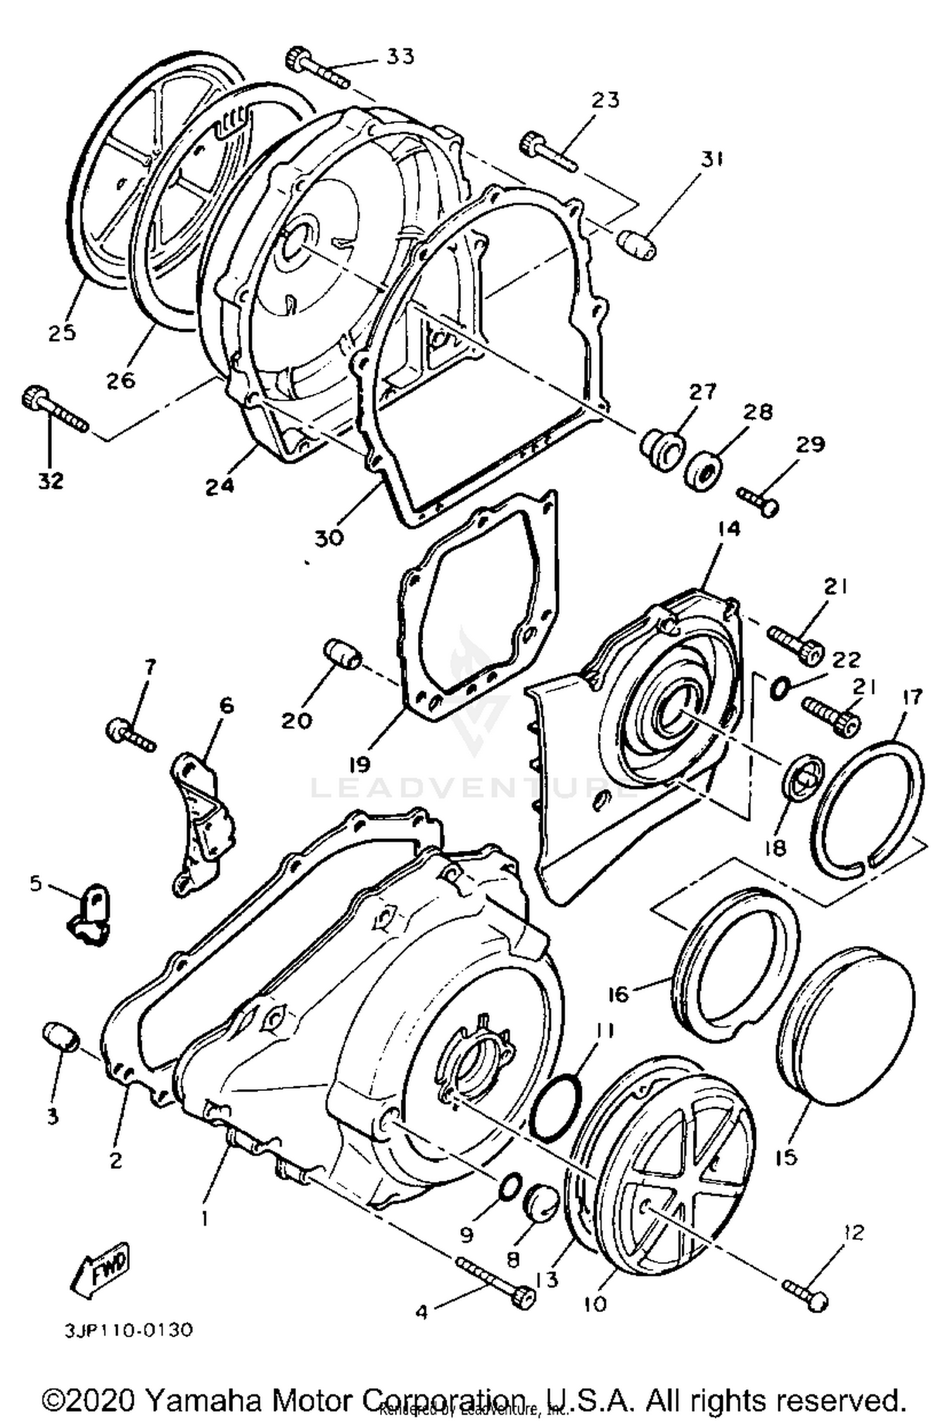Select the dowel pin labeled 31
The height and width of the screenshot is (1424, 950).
point(636,244)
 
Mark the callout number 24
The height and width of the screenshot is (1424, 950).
point(219,486)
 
